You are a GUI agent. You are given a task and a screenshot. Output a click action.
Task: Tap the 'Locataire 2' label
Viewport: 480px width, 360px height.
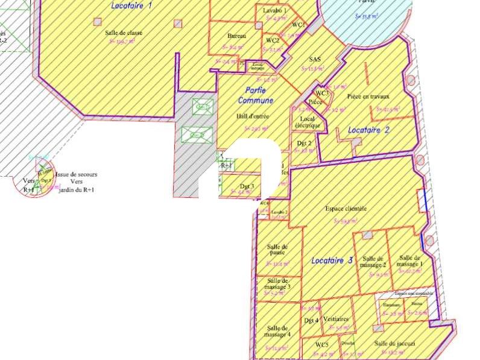pos(369,130)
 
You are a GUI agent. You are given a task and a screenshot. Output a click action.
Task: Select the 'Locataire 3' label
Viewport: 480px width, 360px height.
pos(332,261)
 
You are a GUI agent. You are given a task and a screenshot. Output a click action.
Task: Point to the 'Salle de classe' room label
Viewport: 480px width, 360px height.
pos(124,33)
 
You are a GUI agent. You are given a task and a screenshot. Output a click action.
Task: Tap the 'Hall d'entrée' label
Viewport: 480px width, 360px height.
pos(253,116)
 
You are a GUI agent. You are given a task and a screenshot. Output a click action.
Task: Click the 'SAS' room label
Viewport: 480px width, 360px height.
pos(314,59)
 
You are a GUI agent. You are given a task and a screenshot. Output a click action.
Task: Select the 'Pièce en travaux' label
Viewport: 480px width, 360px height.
pos(368,96)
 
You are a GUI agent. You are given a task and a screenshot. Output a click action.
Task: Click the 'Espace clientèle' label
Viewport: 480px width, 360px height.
pos(346,209)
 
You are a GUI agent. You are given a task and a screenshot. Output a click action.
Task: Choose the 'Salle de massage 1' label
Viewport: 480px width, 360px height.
pos(410,261)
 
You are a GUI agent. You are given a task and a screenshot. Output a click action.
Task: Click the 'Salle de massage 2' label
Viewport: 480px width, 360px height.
pos(374,262)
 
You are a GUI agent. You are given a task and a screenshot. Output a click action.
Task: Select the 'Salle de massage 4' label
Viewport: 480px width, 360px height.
pos(277,331)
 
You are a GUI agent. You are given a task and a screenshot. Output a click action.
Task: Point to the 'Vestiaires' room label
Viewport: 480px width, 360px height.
pos(336,319)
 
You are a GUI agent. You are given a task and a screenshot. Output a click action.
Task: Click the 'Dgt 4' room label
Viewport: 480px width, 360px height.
pos(311,320)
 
